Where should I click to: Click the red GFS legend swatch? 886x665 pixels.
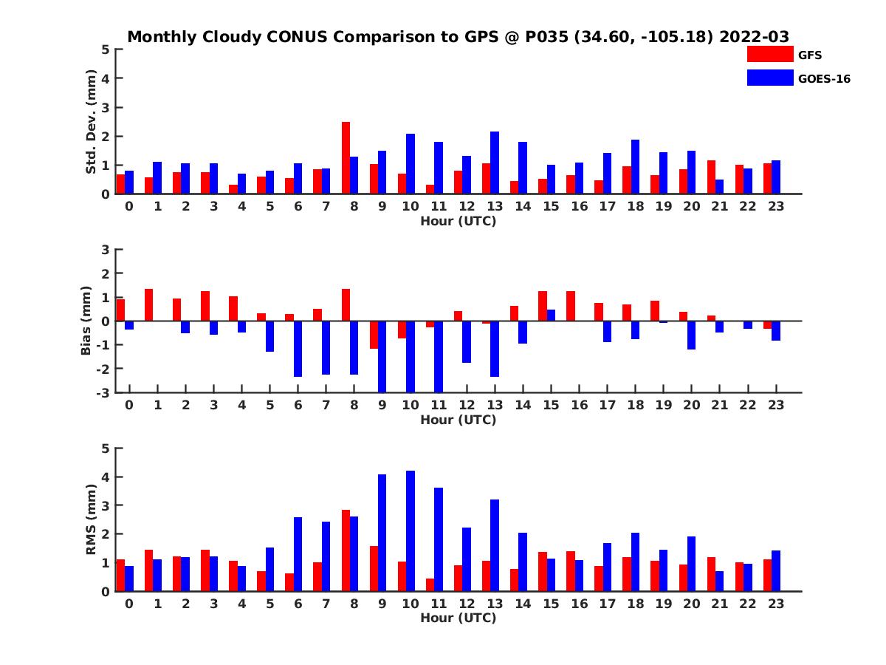pos(769,54)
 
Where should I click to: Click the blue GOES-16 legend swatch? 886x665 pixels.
pos(769,78)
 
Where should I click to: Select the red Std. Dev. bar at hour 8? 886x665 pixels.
pos(346,158)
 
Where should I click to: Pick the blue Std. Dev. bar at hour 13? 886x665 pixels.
pos(495,163)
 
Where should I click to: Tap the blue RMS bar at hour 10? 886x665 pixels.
pos(411,531)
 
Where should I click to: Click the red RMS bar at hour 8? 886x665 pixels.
pos(346,550)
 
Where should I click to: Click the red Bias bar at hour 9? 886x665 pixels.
pos(374,335)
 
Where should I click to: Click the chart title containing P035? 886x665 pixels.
pos(458,36)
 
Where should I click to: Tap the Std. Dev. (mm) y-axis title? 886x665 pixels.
pos(92,122)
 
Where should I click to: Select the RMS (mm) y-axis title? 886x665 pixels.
pos(92,519)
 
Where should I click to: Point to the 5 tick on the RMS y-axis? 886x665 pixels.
pos(106,449)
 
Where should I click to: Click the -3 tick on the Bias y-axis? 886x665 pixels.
pos(103,392)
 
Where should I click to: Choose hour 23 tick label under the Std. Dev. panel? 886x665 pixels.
pos(775,206)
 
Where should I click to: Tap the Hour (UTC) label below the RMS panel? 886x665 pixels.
pos(458,618)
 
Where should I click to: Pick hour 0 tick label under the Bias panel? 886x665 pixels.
pos(129,405)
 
